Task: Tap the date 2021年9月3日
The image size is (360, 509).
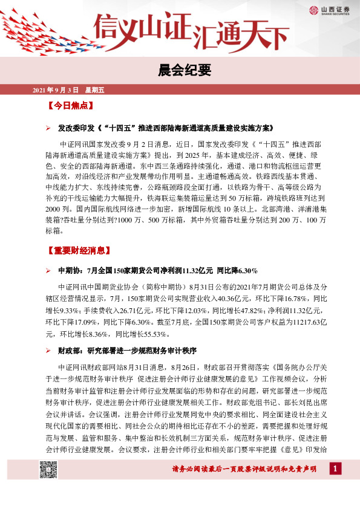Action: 55,90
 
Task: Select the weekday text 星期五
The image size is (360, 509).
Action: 94,90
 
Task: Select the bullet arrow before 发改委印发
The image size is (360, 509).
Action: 49,129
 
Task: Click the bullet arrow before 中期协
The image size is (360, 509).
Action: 49,269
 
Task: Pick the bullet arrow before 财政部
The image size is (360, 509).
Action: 49,351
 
